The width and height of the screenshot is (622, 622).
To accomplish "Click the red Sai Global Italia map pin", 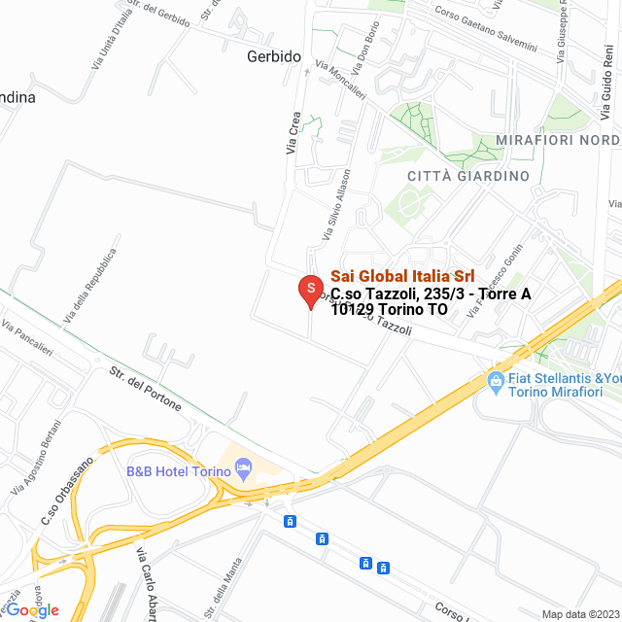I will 310,290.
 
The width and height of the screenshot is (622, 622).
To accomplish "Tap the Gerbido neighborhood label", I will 273,56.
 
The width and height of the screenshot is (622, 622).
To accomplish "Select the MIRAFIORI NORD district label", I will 557,141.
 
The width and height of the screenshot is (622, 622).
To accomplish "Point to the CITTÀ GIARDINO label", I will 468,176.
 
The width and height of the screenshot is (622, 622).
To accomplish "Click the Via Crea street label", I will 294,133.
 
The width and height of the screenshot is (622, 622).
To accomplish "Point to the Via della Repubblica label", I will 90,286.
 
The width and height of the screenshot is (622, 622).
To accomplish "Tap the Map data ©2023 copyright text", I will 580,614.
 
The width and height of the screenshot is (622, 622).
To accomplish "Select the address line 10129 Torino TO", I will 389,310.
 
